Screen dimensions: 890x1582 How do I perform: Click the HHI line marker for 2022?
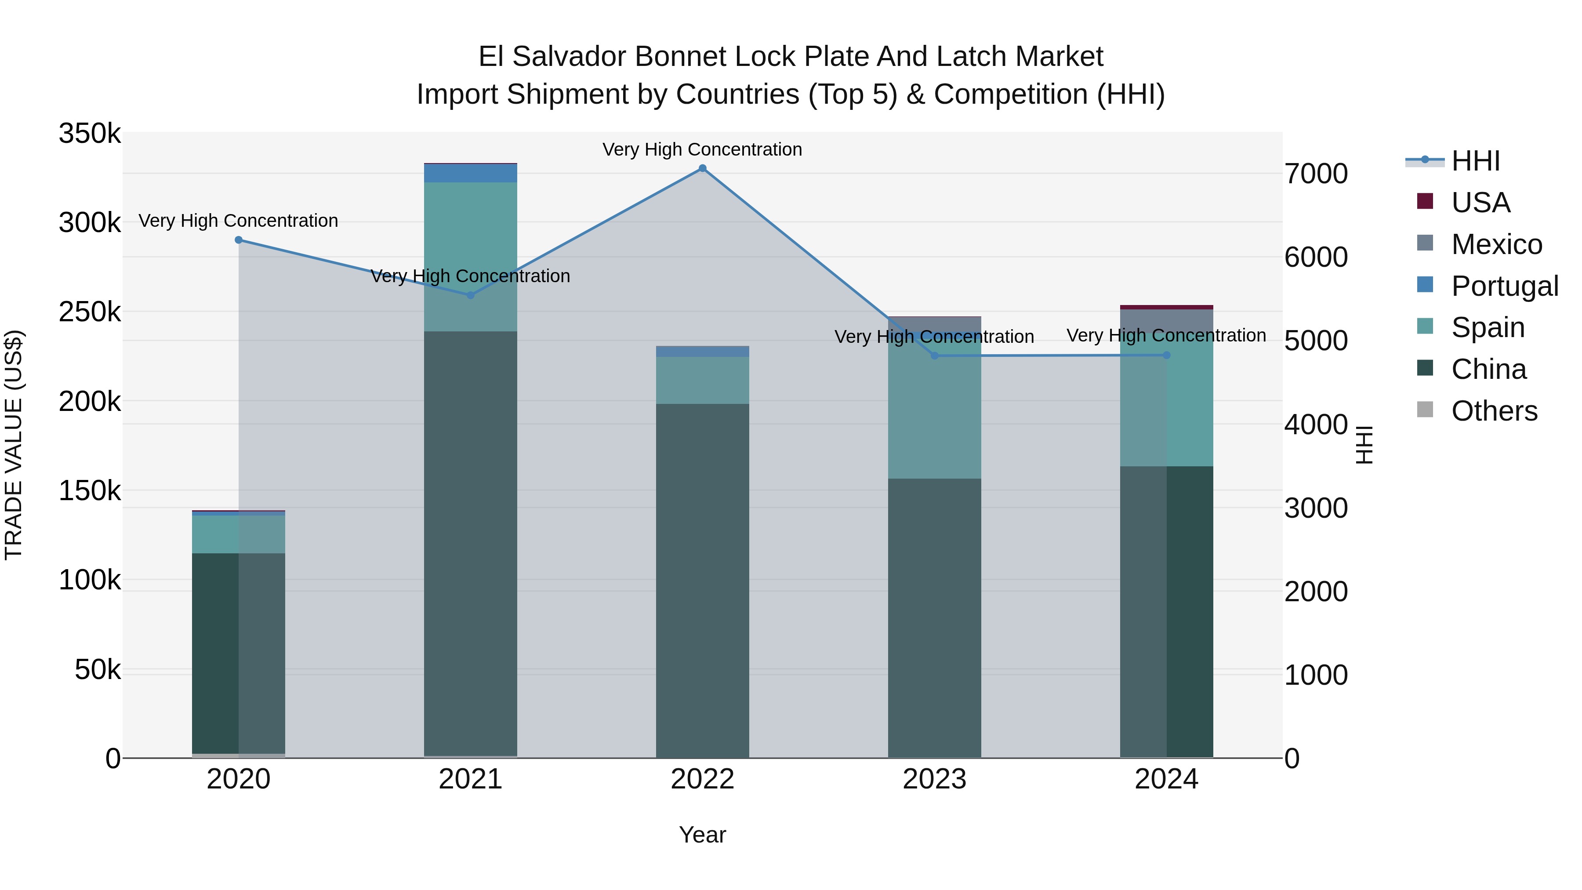tap(703, 168)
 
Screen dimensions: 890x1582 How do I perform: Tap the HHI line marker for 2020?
tap(239, 240)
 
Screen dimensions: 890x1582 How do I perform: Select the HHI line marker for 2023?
tap(935, 356)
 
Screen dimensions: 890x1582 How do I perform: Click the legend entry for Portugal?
tap(1504, 286)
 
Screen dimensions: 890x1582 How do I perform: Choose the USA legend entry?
tap(1480, 202)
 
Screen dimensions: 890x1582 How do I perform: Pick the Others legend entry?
tap(1494, 411)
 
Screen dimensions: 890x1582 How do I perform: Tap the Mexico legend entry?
tap(1496, 244)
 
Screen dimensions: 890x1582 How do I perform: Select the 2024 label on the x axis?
tap(1166, 779)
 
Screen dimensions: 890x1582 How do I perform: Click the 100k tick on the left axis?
tap(90, 580)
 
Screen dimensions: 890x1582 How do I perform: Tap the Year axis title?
tap(703, 835)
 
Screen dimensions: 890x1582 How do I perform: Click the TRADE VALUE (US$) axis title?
tap(14, 445)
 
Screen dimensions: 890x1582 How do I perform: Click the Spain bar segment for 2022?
tap(703, 380)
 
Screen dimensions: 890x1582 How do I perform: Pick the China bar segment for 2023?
tap(935, 618)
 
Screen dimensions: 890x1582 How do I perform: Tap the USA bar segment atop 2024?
tap(1166, 307)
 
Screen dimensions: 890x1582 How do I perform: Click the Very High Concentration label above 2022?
tap(703, 149)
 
